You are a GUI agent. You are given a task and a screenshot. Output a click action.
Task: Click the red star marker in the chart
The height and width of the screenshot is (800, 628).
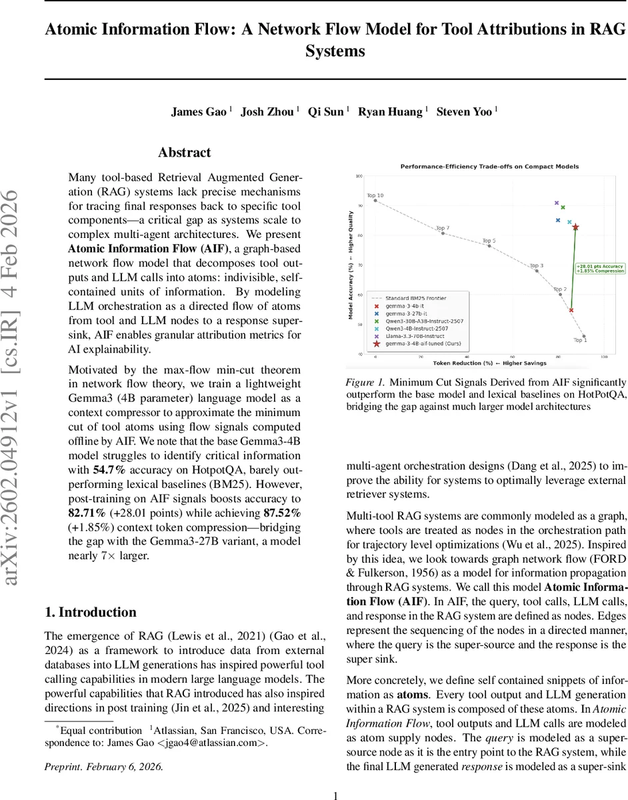tap(575, 227)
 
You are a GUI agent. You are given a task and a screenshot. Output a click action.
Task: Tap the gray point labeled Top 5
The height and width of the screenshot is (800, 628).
tap(489, 246)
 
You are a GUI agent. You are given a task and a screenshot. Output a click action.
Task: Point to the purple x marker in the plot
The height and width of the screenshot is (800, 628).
tap(557, 203)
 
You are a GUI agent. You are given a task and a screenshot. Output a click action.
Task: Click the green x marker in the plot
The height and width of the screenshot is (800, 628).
tap(563, 207)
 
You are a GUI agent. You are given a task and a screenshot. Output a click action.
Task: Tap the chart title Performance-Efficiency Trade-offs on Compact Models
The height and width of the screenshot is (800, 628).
tap(489, 166)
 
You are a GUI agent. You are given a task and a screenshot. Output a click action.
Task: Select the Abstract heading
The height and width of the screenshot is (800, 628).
tap(184, 153)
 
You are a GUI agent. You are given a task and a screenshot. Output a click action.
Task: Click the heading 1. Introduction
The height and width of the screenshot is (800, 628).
tap(90, 612)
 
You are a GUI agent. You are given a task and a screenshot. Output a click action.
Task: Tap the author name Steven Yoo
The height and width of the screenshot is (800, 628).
tap(464, 111)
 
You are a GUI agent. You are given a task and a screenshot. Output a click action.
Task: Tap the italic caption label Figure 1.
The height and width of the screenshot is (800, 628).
tap(365, 383)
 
